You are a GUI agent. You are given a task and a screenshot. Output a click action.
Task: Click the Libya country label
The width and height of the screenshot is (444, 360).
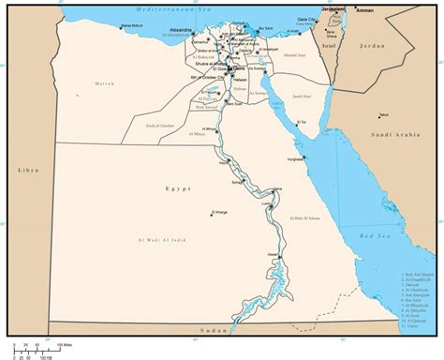pyautogui.click(x=25, y=170)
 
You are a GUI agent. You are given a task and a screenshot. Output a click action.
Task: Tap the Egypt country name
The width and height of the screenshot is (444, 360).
pyautogui.click(x=178, y=188)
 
